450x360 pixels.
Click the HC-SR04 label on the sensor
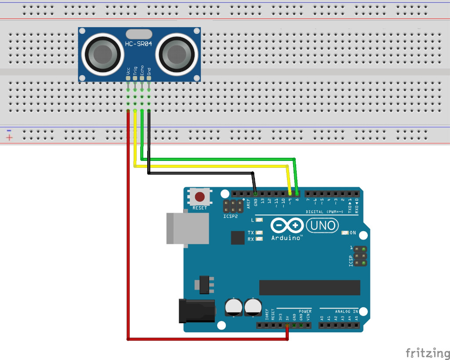(139, 44)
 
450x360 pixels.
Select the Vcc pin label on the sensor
(128, 70)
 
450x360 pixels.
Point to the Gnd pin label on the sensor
(149, 70)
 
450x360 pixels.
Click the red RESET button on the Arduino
(200, 196)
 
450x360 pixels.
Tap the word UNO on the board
(323, 226)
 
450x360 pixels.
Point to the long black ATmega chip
(309, 287)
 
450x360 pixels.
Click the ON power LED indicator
(346, 233)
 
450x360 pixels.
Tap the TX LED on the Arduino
(259, 233)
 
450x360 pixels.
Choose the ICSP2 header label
(230, 216)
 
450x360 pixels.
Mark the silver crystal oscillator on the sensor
(138, 33)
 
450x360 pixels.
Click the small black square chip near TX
(237, 238)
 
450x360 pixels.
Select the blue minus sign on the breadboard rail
(9, 130)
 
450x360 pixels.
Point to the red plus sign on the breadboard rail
(9, 138)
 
